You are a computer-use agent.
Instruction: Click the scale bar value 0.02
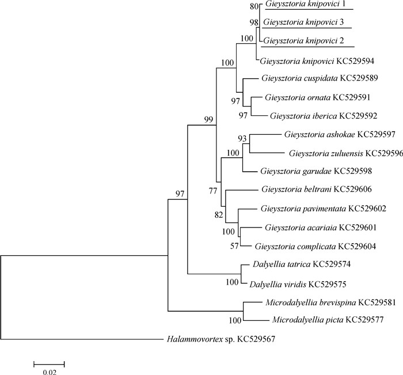pos(49,372)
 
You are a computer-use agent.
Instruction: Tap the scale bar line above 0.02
pos(49,363)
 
